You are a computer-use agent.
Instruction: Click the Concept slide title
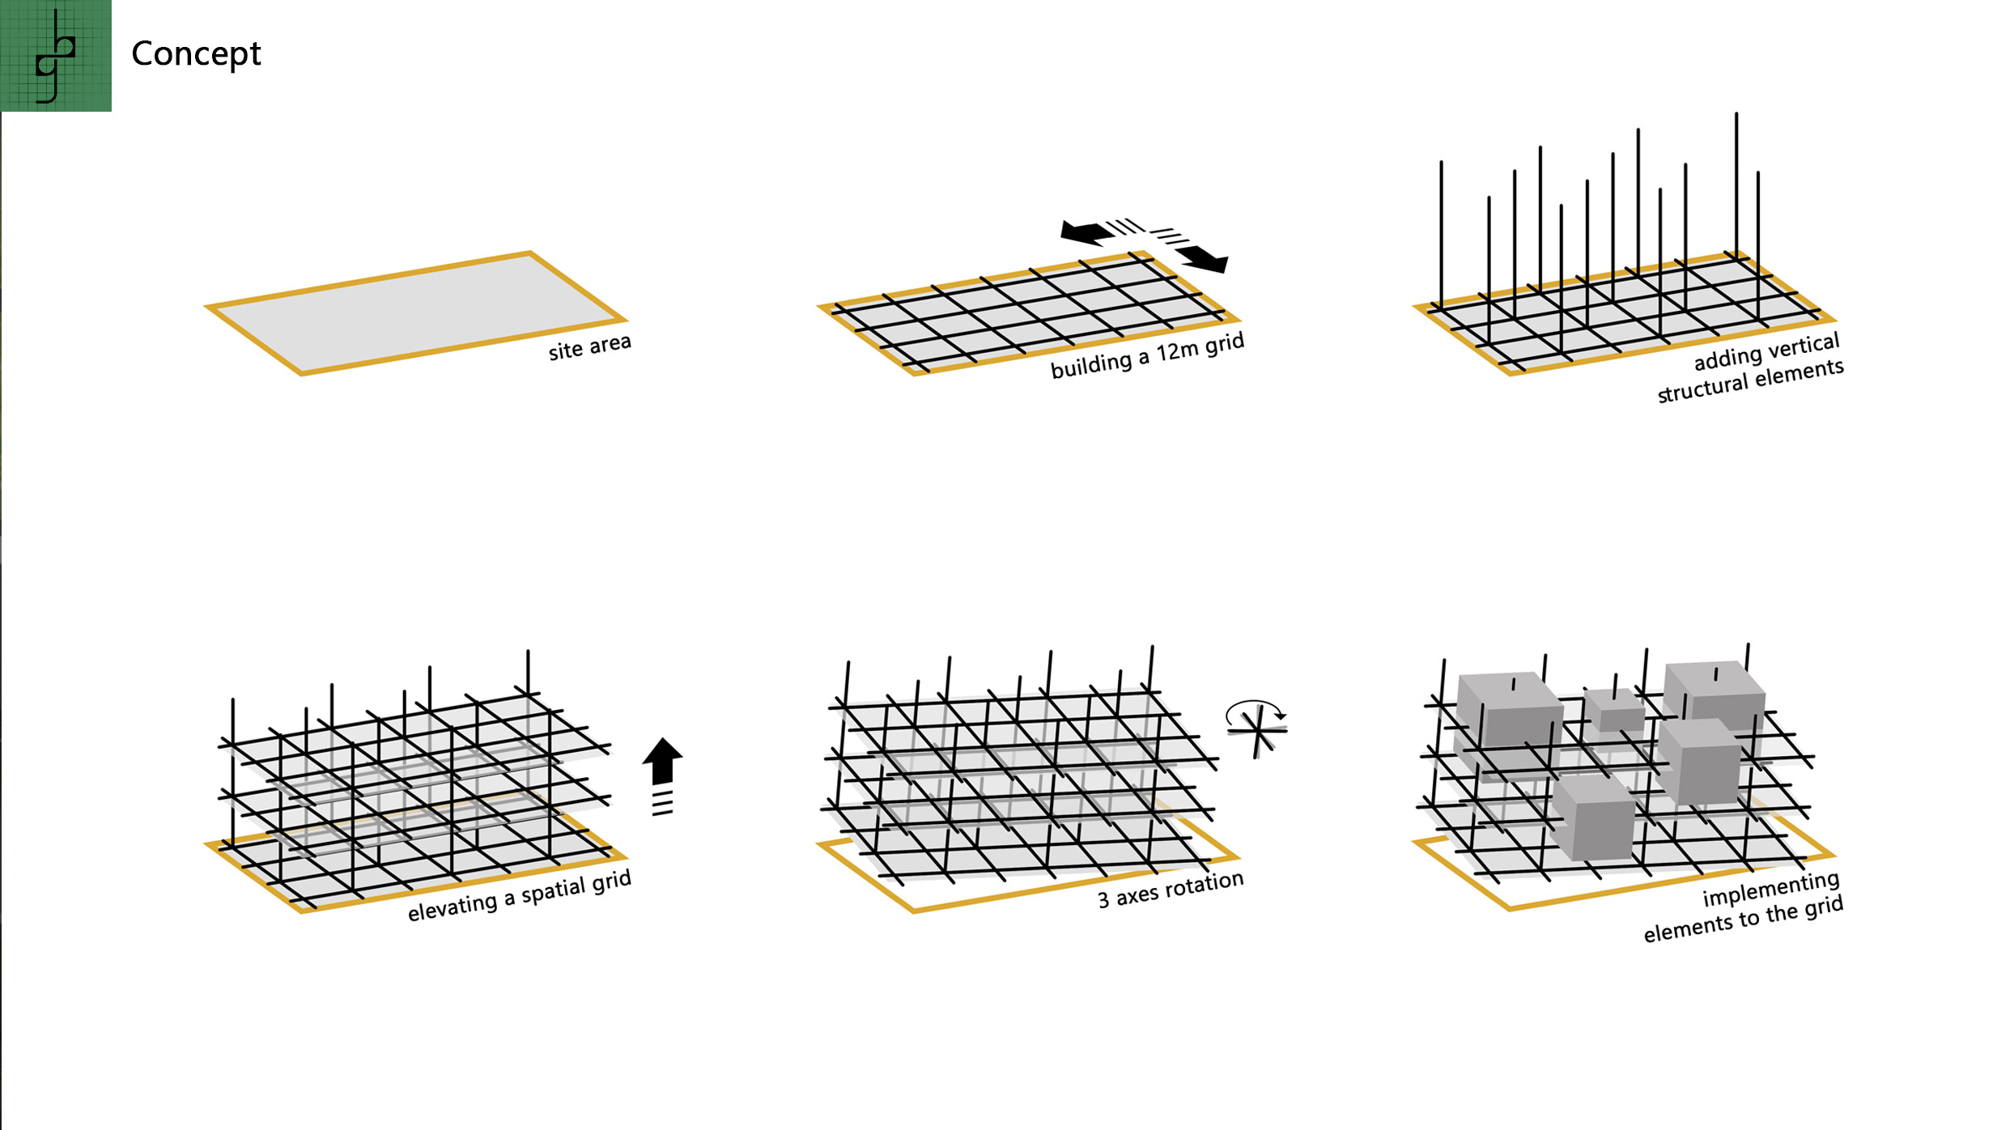click(196, 54)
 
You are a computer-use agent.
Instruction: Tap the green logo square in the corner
click(56, 56)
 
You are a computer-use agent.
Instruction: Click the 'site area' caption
click(589, 346)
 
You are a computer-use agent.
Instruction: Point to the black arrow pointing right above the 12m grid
click(1205, 259)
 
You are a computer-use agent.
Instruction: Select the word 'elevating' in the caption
click(453, 907)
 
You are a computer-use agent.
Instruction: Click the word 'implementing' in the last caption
click(1770, 889)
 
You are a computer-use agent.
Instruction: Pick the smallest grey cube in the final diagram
click(1614, 711)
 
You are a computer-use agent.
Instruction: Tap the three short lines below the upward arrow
click(662, 803)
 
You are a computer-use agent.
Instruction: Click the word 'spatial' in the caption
click(555, 891)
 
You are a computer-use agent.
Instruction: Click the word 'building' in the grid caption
click(1090, 365)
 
